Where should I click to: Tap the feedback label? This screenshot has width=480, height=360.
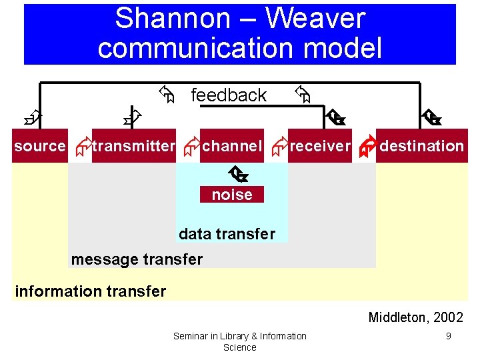pos(229,95)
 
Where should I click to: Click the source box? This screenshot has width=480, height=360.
pos(40,146)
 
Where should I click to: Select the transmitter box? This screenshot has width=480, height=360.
pos(134,146)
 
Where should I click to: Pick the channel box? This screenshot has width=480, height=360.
pos(232,146)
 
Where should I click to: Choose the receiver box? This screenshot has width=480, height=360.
pos(320,146)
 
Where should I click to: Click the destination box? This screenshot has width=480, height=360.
pos(421,146)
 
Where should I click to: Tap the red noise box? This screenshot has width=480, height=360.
pos(232,195)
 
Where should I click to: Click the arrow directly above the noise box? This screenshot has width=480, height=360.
pos(237,175)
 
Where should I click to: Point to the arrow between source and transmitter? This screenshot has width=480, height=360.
pos(83,148)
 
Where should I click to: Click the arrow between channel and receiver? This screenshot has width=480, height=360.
pos(279,148)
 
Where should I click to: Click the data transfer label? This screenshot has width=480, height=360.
pos(227,234)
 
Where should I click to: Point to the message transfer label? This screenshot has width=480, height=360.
pos(137,259)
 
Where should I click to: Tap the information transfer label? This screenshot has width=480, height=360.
pos(90,291)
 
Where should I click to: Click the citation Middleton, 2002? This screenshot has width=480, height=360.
pos(415,317)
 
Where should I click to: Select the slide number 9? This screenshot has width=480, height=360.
pos(448,336)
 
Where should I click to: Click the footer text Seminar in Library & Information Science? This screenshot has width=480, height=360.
pos(240,341)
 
